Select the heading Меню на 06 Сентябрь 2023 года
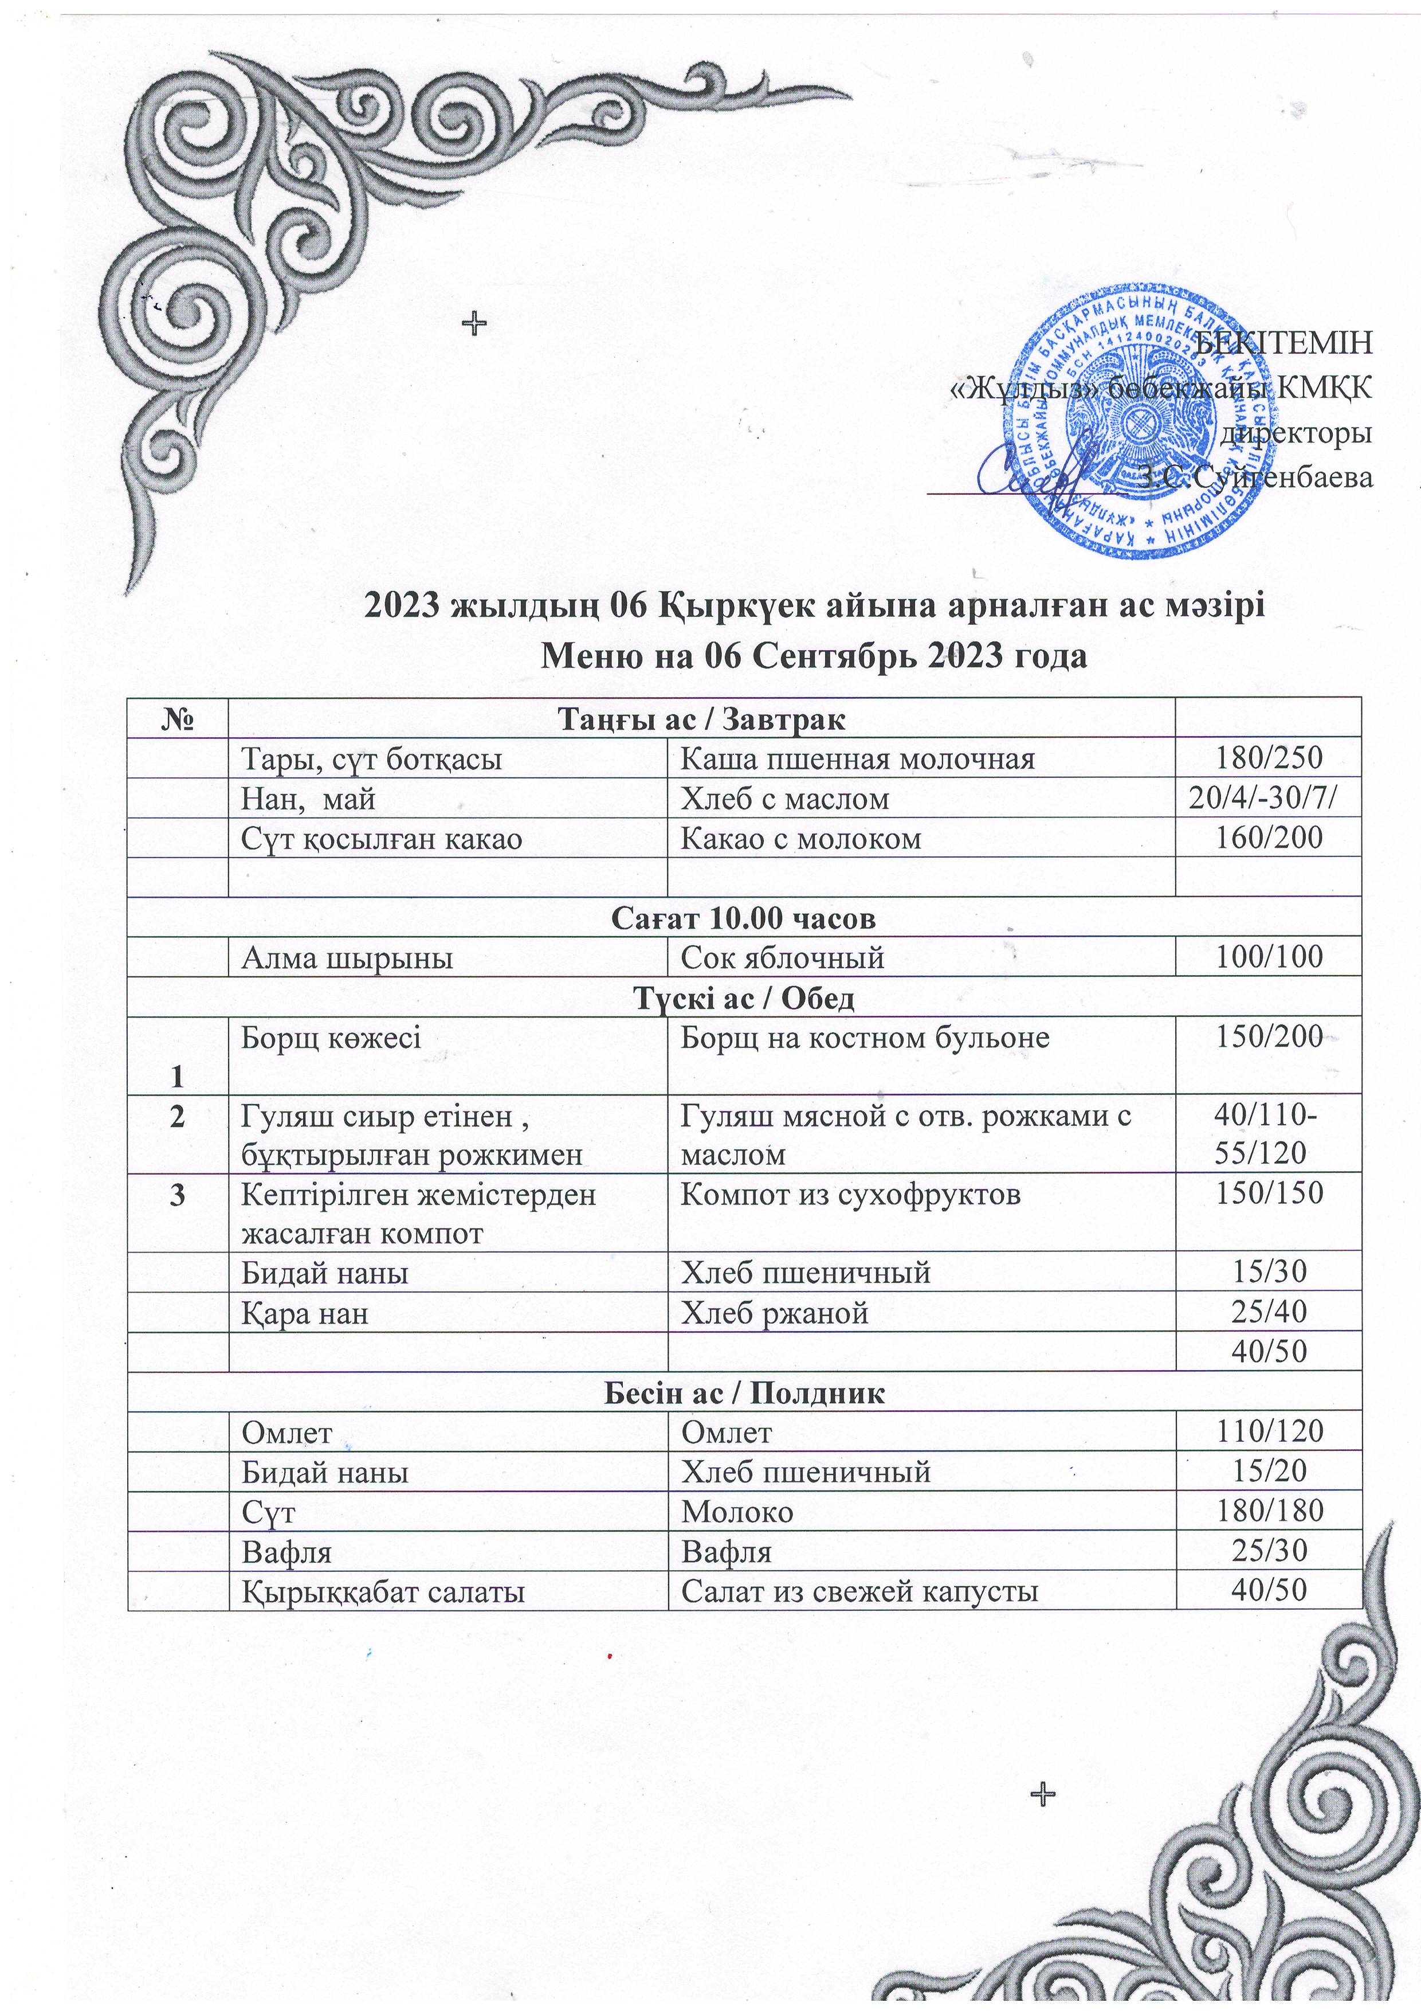(814, 655)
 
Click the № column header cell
(177, 720)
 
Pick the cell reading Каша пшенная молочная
(858, 758)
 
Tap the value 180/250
(1268, 758)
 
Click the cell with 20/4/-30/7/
(1268, 799)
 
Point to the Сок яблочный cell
(783, 957)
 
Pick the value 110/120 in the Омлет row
(1268, 1432)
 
